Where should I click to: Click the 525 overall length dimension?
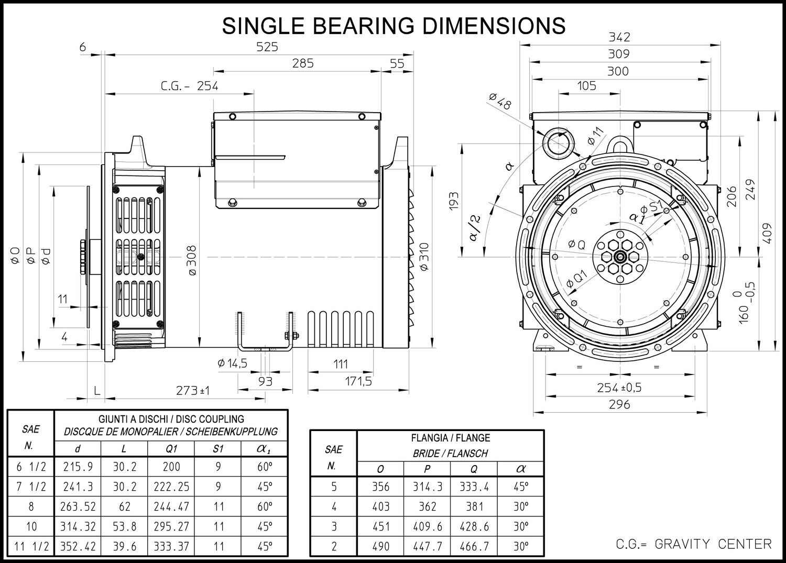[267, 47]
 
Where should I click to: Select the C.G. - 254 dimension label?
[190, 86]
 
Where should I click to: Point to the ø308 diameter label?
[192, 260]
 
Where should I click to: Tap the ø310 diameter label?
[424, 257]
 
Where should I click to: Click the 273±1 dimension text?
[193, 390]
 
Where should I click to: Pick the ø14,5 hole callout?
[232, 363]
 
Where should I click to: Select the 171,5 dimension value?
[358, 381]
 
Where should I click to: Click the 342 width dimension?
[619, 37]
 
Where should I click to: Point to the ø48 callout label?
[500, 101]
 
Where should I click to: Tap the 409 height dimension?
[768, 233]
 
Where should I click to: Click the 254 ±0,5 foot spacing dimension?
[619, 388]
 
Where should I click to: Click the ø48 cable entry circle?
[559, 143]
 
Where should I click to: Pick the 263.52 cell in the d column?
[78, 506]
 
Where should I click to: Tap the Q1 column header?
[171, 449]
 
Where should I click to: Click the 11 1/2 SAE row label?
[31, 546]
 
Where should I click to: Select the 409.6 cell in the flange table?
[427, 526]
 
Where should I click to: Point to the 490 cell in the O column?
[381, 546]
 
